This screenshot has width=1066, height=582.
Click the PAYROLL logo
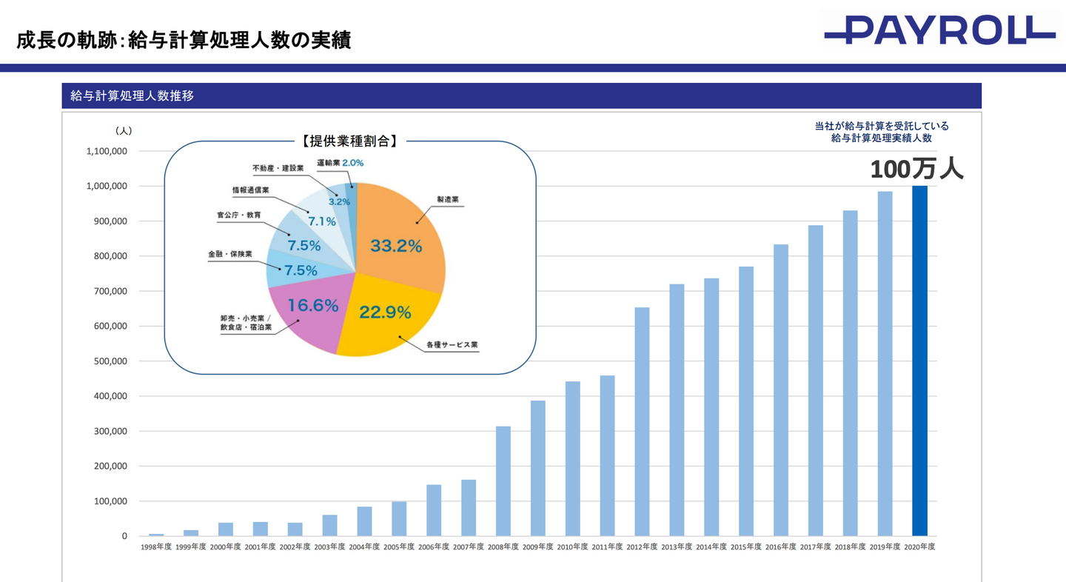pyautogui.click(x=939, y=30)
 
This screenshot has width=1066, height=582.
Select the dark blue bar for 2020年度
pyautogui.click(x=919, y=361)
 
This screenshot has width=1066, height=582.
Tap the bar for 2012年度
pyautogui.click(x=642, y=421)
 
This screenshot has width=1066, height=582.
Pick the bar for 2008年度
pyautogui.click(x=503, y=481)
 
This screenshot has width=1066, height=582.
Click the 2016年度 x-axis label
pyautogui.click(x=781, y=546)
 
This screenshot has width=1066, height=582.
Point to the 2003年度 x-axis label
pyautogui.click(x=329, y=546)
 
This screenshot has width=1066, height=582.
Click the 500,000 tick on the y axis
pyautogui.click(x=107, y=361)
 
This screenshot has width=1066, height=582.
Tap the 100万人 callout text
pyautogui.click(x=916, y=170)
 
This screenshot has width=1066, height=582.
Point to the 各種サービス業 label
pyautogui.click(x=452, y=346)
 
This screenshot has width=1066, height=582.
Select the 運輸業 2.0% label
pyautogui.click(x=341, y=162)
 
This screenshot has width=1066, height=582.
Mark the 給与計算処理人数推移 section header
pyautogui.click(x=133, y=96)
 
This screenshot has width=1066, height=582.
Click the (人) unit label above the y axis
pyautogui.click(x=124, y=130)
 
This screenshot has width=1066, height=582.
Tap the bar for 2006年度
pyautogui.click(x=434, y=510)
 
